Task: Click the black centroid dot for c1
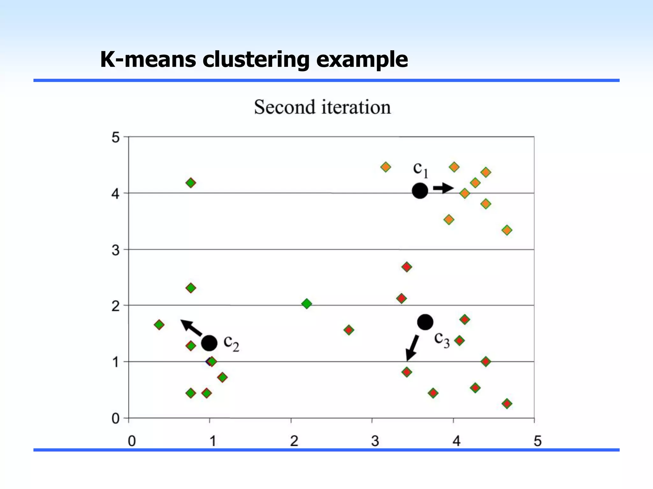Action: click(420, 191)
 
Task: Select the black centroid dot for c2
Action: click(209, 343)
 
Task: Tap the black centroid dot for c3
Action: click(425, 322)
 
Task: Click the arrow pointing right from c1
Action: click(443, 188)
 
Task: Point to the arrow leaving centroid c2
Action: click(192, 328)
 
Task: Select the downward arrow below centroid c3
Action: click(412, 348)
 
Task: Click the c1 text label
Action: click(421, 170)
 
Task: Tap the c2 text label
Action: click(231, 343)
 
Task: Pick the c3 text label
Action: click(442, 340)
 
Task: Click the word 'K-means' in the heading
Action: click(148, 60)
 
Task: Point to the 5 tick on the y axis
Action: click(116, 138)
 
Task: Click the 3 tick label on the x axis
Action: click(375, 441)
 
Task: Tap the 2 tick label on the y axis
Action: click(116, 306)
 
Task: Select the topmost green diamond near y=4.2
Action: click(191, 183)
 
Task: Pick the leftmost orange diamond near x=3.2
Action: click(386, 167)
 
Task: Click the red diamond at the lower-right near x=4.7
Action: click(507, 404)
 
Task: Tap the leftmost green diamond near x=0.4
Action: click(159, 325)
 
